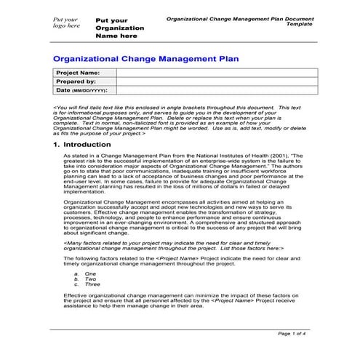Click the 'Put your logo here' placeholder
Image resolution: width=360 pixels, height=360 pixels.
click(x=65, y=23)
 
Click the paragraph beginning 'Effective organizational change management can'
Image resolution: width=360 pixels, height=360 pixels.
click(x=182, y=300)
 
